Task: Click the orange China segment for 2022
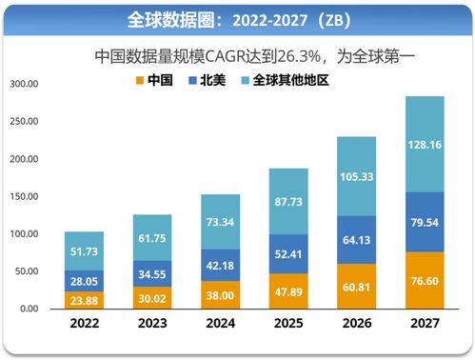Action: click(84, 299)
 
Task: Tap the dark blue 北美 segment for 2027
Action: click(424, 222)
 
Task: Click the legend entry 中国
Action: click(158, 80)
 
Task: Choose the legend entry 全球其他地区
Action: click(290, 80)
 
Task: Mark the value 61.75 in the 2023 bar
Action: click(152, 238)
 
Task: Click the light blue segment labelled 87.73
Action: click(287, 201)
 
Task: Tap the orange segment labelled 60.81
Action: click(356, 286)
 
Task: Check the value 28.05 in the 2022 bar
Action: click(84, 280)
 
